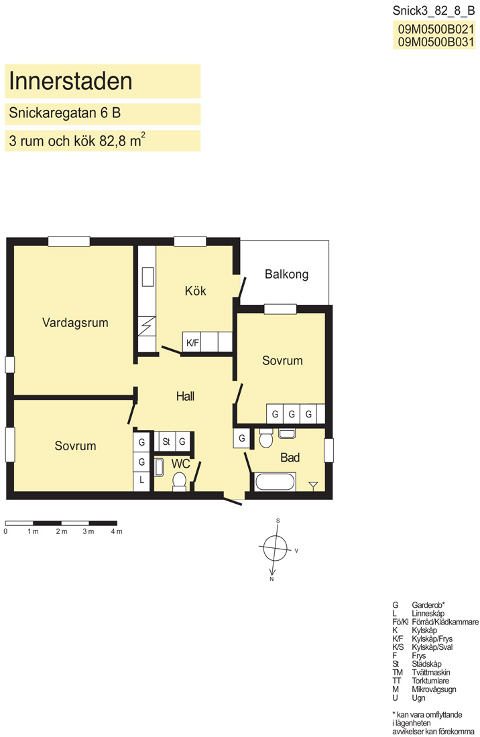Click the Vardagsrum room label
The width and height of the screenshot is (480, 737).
[75, 323]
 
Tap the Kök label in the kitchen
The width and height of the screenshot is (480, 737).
[196, 291]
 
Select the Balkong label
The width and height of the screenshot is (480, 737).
[286, 275]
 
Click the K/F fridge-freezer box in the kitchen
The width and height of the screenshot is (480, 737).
[192, 342]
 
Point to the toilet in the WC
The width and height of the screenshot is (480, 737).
[179, 481]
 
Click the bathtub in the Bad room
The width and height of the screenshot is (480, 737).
[275, 482]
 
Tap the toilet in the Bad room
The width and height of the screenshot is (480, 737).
[266, 438]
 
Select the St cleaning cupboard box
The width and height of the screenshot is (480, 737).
[166, 442]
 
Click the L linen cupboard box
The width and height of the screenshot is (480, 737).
[141, 481]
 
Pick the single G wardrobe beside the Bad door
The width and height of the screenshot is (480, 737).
[241, 438]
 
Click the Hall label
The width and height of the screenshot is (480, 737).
[185, 397]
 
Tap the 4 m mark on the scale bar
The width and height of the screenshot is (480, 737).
[116, 531]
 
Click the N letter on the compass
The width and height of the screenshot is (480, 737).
[272, 579]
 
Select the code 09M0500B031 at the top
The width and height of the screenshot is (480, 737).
[436, 42]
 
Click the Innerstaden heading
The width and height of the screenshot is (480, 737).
[70, 81]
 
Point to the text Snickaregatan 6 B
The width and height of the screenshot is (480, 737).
[65, 113]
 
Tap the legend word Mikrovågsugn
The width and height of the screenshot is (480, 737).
[434, 689]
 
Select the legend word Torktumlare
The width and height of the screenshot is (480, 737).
[430, 681]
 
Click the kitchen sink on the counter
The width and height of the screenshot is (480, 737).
[148, 277]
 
